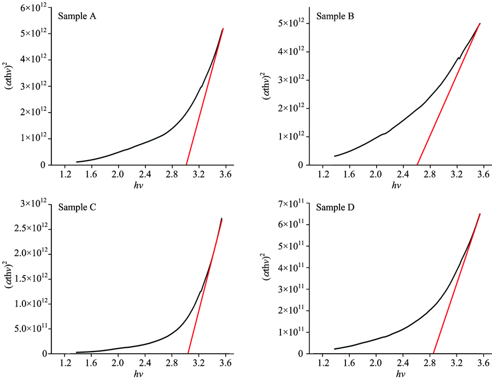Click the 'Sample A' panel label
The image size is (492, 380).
(x=77, y=16)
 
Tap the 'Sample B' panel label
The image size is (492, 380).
(x=335, y=16)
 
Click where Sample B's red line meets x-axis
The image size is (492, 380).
(x=417, y=165)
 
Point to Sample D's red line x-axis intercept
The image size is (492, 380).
(x=433, y=353)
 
